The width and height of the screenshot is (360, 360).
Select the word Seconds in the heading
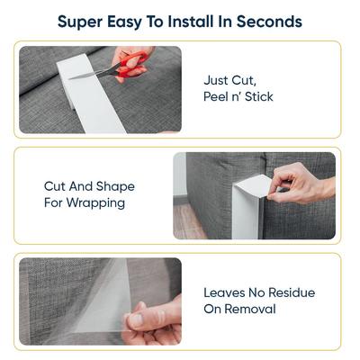click(x=272, y=21)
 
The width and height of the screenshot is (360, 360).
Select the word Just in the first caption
click(x=218, y=78)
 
